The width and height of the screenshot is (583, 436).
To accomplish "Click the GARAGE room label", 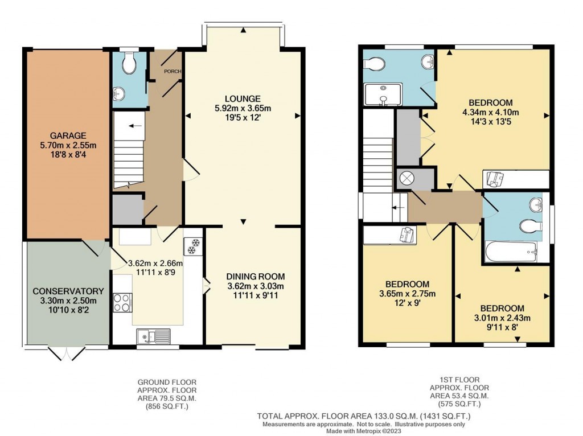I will point(67,135).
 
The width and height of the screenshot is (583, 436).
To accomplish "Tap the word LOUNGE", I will point(241,98).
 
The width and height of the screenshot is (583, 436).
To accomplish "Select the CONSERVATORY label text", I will point(68,291).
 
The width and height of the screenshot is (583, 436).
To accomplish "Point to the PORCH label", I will point(172,72).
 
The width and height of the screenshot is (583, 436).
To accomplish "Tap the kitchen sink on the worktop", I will point(153,336).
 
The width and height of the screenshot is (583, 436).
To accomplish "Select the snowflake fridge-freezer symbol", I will point(192,246).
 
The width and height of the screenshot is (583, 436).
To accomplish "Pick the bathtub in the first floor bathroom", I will point(511,250).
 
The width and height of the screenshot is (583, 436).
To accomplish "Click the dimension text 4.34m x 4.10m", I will point(490,112).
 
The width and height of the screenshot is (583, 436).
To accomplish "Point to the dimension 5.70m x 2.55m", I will point(67,145).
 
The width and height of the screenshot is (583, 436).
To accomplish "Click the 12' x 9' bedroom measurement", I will point(407,303).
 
